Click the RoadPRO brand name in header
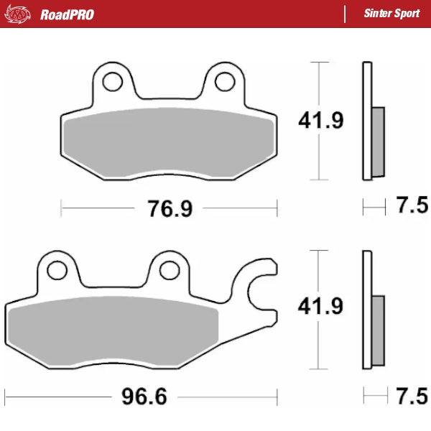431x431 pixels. pyautogui.click(x=67, y=14)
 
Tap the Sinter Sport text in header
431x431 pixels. pyautogui.click(x=391, y=14)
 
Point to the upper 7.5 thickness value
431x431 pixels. pyautogui.click(x=412, y=207)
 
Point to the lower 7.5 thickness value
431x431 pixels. pyautogui.click(x=412, y=395)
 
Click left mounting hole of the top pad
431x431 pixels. pyautogui.click(x=112, y=82)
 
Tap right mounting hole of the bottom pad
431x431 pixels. pyautogui.click(x=169, y=269)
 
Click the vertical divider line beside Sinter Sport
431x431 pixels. pyautogui.click(x=346, y=14)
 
